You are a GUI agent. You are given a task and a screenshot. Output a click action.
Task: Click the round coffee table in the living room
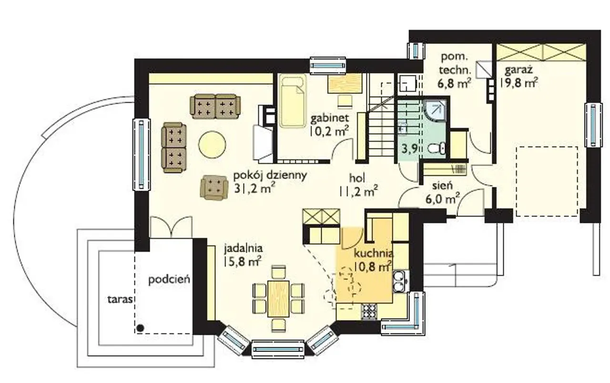212,145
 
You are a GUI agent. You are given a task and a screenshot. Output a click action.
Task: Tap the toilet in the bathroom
437,148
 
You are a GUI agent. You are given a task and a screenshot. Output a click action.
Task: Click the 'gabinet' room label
329,118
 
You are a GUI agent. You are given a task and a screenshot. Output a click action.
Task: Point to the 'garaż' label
518,70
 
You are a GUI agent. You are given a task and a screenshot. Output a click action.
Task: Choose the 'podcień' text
169,279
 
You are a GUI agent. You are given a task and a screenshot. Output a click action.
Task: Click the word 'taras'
120,300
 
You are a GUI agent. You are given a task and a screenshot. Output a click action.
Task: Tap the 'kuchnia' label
374,254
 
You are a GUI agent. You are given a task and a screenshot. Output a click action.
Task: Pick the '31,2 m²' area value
254,188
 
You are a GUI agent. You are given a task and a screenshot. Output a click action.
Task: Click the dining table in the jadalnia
278,299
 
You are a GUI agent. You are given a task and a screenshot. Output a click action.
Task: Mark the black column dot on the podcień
140,328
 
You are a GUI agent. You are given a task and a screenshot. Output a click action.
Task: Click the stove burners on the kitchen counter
369,311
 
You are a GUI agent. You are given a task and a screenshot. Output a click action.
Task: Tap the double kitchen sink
400,281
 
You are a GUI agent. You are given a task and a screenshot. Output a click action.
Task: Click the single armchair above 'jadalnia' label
214,188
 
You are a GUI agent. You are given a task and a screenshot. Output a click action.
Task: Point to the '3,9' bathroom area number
410,148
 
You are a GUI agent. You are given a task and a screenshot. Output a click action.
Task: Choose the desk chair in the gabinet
345,102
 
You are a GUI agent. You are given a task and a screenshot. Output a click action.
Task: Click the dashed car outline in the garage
547,181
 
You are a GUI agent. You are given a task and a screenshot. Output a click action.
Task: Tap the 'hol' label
357,178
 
